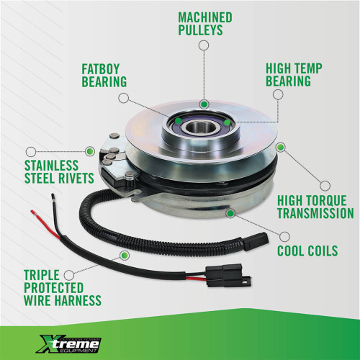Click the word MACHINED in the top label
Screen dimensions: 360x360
[x=205, y=17]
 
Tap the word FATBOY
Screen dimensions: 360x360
[x=101, y=69]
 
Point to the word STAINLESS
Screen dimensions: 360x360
[x=52, y=166]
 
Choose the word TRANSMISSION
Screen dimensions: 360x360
[x=315, y=213]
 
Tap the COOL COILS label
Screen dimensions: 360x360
[x=307, y=251]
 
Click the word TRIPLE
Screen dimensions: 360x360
[x=42, y=275]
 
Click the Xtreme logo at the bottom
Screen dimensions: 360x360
[x=68, y=344]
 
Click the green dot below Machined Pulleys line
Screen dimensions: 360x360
[x=204, y=104]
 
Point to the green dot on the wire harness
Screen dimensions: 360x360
[x=125, y=256]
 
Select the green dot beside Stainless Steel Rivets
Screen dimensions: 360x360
[x=90, y=151]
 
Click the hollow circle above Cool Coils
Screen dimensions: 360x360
[x=284, y=237]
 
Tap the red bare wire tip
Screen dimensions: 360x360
[x=34, y=212]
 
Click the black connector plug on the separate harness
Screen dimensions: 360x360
[x=229, y=275]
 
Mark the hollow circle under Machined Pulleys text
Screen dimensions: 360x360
[x=204, y=45]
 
